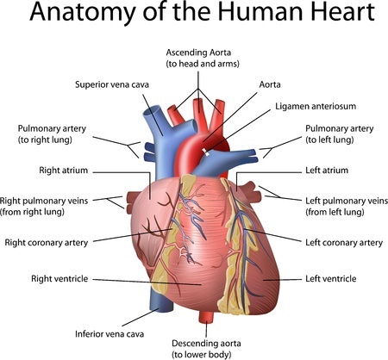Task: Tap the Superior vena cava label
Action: click(x=112, y=84)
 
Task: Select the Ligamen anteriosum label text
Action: click(x=316, y=106)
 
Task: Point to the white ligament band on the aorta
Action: click(x=206, y=152)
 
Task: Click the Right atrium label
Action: click(x=63, y=171)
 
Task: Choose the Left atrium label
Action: click(x=327, y=171)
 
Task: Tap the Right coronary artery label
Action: click(x=47, y=243)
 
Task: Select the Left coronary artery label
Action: click(x=344, y=243)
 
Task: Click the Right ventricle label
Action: click(x=59, y=278)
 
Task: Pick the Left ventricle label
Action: click(x=330, y=278)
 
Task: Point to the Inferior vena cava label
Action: click(x=110, y=334)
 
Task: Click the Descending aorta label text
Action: click(x=206, y=349)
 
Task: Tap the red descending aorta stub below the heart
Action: click(x=206, y=317)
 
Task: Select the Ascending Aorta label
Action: click(x=203, y=58)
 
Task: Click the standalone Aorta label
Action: click(x=270, y=84)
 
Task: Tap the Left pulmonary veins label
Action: click(x=347, y=206)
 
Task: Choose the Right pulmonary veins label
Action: click(x=44, y=206)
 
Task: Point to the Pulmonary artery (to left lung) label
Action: click(x=339, y=134)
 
